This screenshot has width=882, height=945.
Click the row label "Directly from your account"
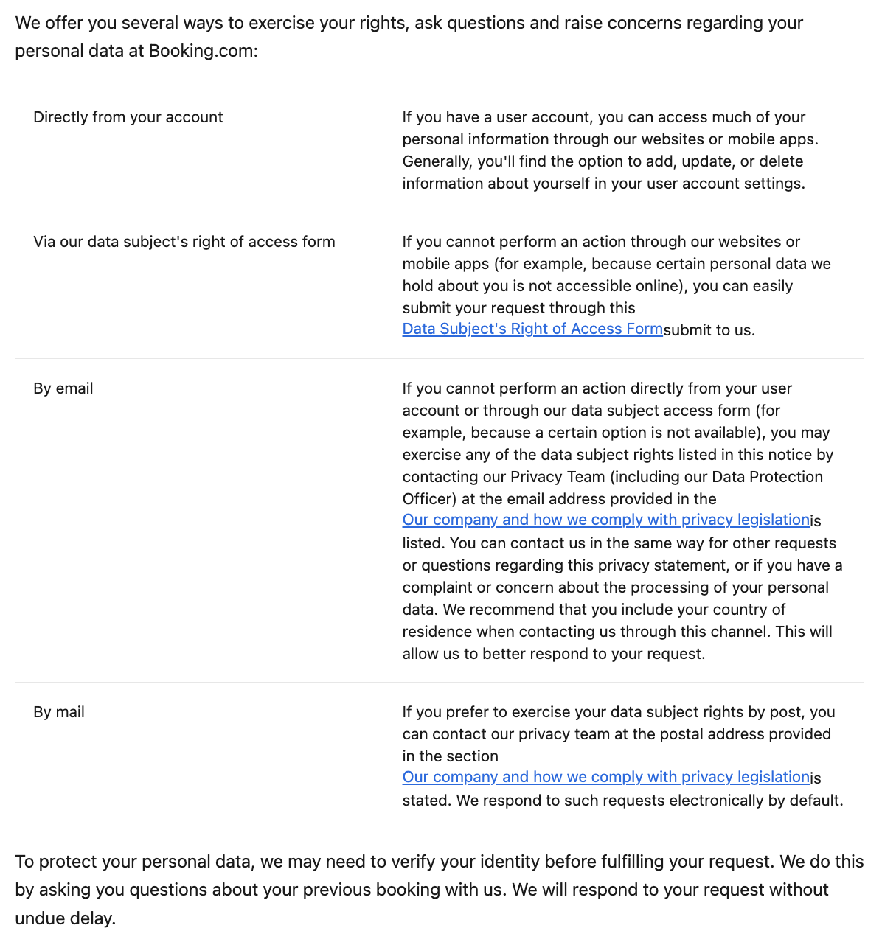click(x=128, y=117)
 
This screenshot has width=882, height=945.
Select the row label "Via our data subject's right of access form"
click(x=184, y=242)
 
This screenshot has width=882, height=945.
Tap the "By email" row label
click(x=63, y=388)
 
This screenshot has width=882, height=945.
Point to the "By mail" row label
click(x=59, y=712)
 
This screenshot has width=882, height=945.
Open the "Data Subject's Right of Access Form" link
click(x=532, y=329)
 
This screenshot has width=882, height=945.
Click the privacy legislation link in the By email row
click(x=605, y=520)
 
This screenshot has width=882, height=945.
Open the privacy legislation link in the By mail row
click(x=605, y=777)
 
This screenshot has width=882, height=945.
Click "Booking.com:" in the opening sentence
click(x=203, y=52)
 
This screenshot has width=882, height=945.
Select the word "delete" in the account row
click(x=781, y=161)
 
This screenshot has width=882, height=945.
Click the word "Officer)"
click(x=429, y=499)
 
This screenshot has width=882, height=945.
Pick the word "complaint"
click(x=438, y=587)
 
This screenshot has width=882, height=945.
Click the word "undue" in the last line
click(x=38, y=918)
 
